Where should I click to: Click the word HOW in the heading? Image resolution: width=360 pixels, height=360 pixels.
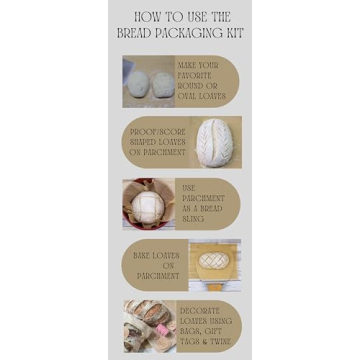146,17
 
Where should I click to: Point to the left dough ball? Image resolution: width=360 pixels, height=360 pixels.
137,83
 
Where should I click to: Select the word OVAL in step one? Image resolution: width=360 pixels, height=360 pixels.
187,96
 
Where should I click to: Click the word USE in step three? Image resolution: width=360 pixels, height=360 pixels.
191,186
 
